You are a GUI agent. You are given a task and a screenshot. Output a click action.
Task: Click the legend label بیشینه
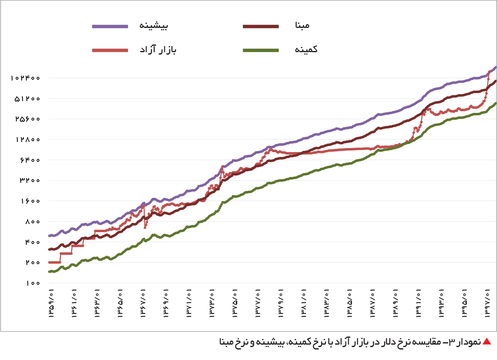point(153,25)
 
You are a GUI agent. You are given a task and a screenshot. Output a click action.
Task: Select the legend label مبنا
point(302,25)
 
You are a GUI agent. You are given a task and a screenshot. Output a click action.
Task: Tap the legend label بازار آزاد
point(158,49)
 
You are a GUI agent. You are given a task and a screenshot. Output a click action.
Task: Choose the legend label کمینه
point(306,49)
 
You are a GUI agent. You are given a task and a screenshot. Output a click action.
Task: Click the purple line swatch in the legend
point(110,26)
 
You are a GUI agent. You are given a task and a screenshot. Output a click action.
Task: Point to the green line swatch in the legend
point(261,50)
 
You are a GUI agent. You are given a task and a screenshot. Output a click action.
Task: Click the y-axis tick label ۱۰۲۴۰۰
point(25,78)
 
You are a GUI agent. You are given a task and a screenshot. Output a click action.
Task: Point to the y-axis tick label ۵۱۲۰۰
point(27,98)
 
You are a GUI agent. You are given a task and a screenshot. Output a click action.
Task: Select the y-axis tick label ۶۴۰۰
point(30,160)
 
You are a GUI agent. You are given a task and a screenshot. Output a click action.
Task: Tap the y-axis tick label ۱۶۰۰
point(30,201)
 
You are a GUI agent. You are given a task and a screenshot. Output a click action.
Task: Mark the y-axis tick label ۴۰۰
point(32,242)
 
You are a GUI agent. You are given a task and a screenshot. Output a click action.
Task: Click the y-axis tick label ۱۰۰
point(33,283)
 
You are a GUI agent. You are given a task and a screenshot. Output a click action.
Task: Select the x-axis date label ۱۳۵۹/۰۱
point(51,303)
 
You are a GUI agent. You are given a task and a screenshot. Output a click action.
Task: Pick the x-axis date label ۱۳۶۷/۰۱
point(143,303)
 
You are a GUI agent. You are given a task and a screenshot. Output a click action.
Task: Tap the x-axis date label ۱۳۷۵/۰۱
point(235,303)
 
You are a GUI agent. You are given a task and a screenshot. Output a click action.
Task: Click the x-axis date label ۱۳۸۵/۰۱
point(349,303)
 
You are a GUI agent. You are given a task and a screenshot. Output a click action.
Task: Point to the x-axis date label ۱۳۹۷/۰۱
point(487,303)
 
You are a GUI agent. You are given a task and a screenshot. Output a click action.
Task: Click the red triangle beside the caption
point(487,342)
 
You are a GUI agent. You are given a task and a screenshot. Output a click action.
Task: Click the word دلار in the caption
point(382,342)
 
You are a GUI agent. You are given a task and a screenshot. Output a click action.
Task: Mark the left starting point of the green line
point(49,272)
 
